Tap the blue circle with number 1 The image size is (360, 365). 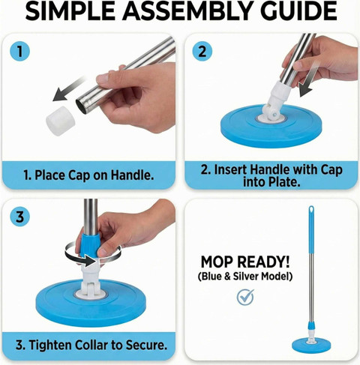19,52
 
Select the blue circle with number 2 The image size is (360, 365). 202,52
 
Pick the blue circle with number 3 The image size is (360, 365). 19,217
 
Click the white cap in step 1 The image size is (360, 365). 61,121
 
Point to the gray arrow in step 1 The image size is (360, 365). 69,89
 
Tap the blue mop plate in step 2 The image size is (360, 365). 271,126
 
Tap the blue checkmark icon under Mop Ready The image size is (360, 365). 245,297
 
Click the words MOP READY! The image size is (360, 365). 245,262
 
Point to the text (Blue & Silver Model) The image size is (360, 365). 245,277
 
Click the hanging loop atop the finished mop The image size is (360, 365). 311,210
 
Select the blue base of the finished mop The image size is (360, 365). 311,346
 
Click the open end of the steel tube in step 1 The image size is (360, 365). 81,107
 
